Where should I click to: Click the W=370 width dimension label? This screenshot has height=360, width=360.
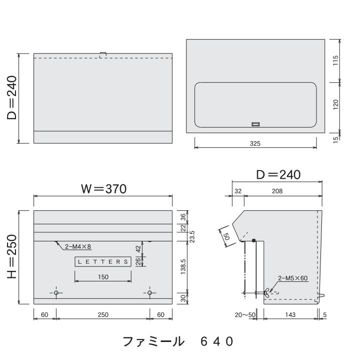tap(104, 189)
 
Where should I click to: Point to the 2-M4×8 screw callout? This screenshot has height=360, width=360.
tap(78, 246)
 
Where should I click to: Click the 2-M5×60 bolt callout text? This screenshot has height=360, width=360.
tap(293, 278)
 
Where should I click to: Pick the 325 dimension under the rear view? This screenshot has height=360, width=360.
tap(255, 143)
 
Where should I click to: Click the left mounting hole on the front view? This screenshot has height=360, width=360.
tap(56, 292)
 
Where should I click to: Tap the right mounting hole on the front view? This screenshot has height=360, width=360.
tap(150, 292)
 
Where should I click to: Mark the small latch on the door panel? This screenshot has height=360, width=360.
tap(255, 124)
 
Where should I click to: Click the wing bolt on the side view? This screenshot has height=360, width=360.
tap(266, 292)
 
